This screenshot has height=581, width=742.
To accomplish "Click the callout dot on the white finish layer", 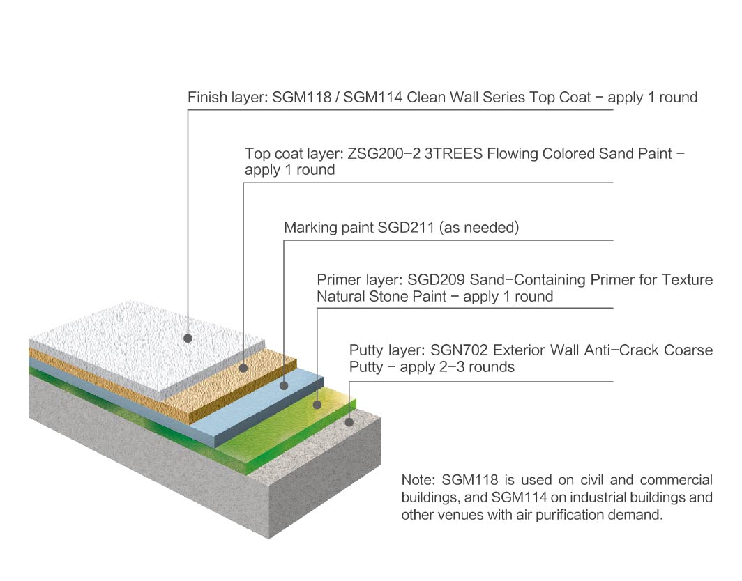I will point(188,339).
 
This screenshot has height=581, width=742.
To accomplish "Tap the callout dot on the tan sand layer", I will point(243,367).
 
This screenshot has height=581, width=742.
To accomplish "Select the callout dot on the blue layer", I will point(284,385).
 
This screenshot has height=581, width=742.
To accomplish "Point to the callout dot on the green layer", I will point(317,403).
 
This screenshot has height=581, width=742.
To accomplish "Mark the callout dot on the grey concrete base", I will point(349,421).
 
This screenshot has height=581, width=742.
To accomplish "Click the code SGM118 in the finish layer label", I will point(292,98).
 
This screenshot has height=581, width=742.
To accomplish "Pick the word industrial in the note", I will point(572,497).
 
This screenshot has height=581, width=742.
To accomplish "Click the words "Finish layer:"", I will point(223,98).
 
